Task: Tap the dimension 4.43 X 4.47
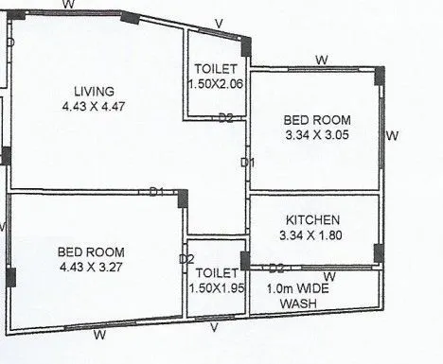(x=95, y=106)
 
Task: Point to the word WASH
(x=299, y=304)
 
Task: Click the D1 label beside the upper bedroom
(x=248, y=163)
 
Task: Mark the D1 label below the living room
(x=157, y=192)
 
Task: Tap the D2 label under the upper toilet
(x=225, y=118)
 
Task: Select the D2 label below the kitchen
(x=276, y=269)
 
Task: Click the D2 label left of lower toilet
(x=186, y=259)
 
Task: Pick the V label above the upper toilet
(x=219, y=24)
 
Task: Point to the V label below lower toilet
(x=214, y=327)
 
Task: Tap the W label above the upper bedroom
(x=321, y=60)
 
